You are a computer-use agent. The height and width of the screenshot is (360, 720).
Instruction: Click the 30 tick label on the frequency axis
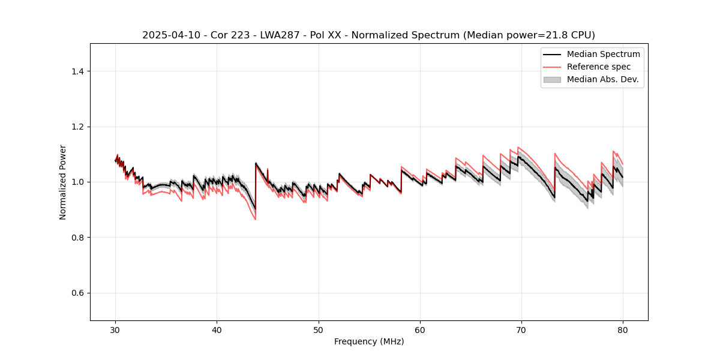pos(115,330)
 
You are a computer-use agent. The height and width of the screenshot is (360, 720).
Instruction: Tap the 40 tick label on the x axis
pos(217,330)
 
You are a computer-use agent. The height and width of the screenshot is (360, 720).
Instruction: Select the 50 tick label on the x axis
pos(319,330)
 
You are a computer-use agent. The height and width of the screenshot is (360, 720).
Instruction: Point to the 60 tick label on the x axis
pos(420,330)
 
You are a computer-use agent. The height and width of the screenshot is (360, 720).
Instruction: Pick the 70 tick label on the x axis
pos(521,330)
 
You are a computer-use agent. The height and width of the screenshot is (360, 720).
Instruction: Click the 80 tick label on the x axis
pos(623,330)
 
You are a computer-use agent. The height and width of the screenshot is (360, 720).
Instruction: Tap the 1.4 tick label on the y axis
pos(77,71)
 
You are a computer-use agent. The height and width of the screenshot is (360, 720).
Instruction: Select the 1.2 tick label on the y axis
pos(77,127)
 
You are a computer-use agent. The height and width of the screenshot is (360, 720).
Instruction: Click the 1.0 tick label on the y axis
pos(77,182)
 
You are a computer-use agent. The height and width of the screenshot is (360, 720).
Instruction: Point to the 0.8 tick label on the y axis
pos(77,238)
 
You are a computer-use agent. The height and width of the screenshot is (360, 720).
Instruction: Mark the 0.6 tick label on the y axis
pos(77,293)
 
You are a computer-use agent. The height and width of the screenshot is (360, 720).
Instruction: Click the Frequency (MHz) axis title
pos(369,341)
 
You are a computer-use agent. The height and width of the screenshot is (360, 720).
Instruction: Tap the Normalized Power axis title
pos(63,182)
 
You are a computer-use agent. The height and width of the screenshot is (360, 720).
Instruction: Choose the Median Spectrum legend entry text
pos(603,54)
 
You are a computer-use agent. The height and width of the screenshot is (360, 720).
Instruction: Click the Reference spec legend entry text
pos(598,67)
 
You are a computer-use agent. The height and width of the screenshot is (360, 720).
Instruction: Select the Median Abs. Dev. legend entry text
pos(603,79)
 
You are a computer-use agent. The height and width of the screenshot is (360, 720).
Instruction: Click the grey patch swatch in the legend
pos(552,79)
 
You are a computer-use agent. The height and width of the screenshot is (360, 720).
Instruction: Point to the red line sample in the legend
pos(552,67)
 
